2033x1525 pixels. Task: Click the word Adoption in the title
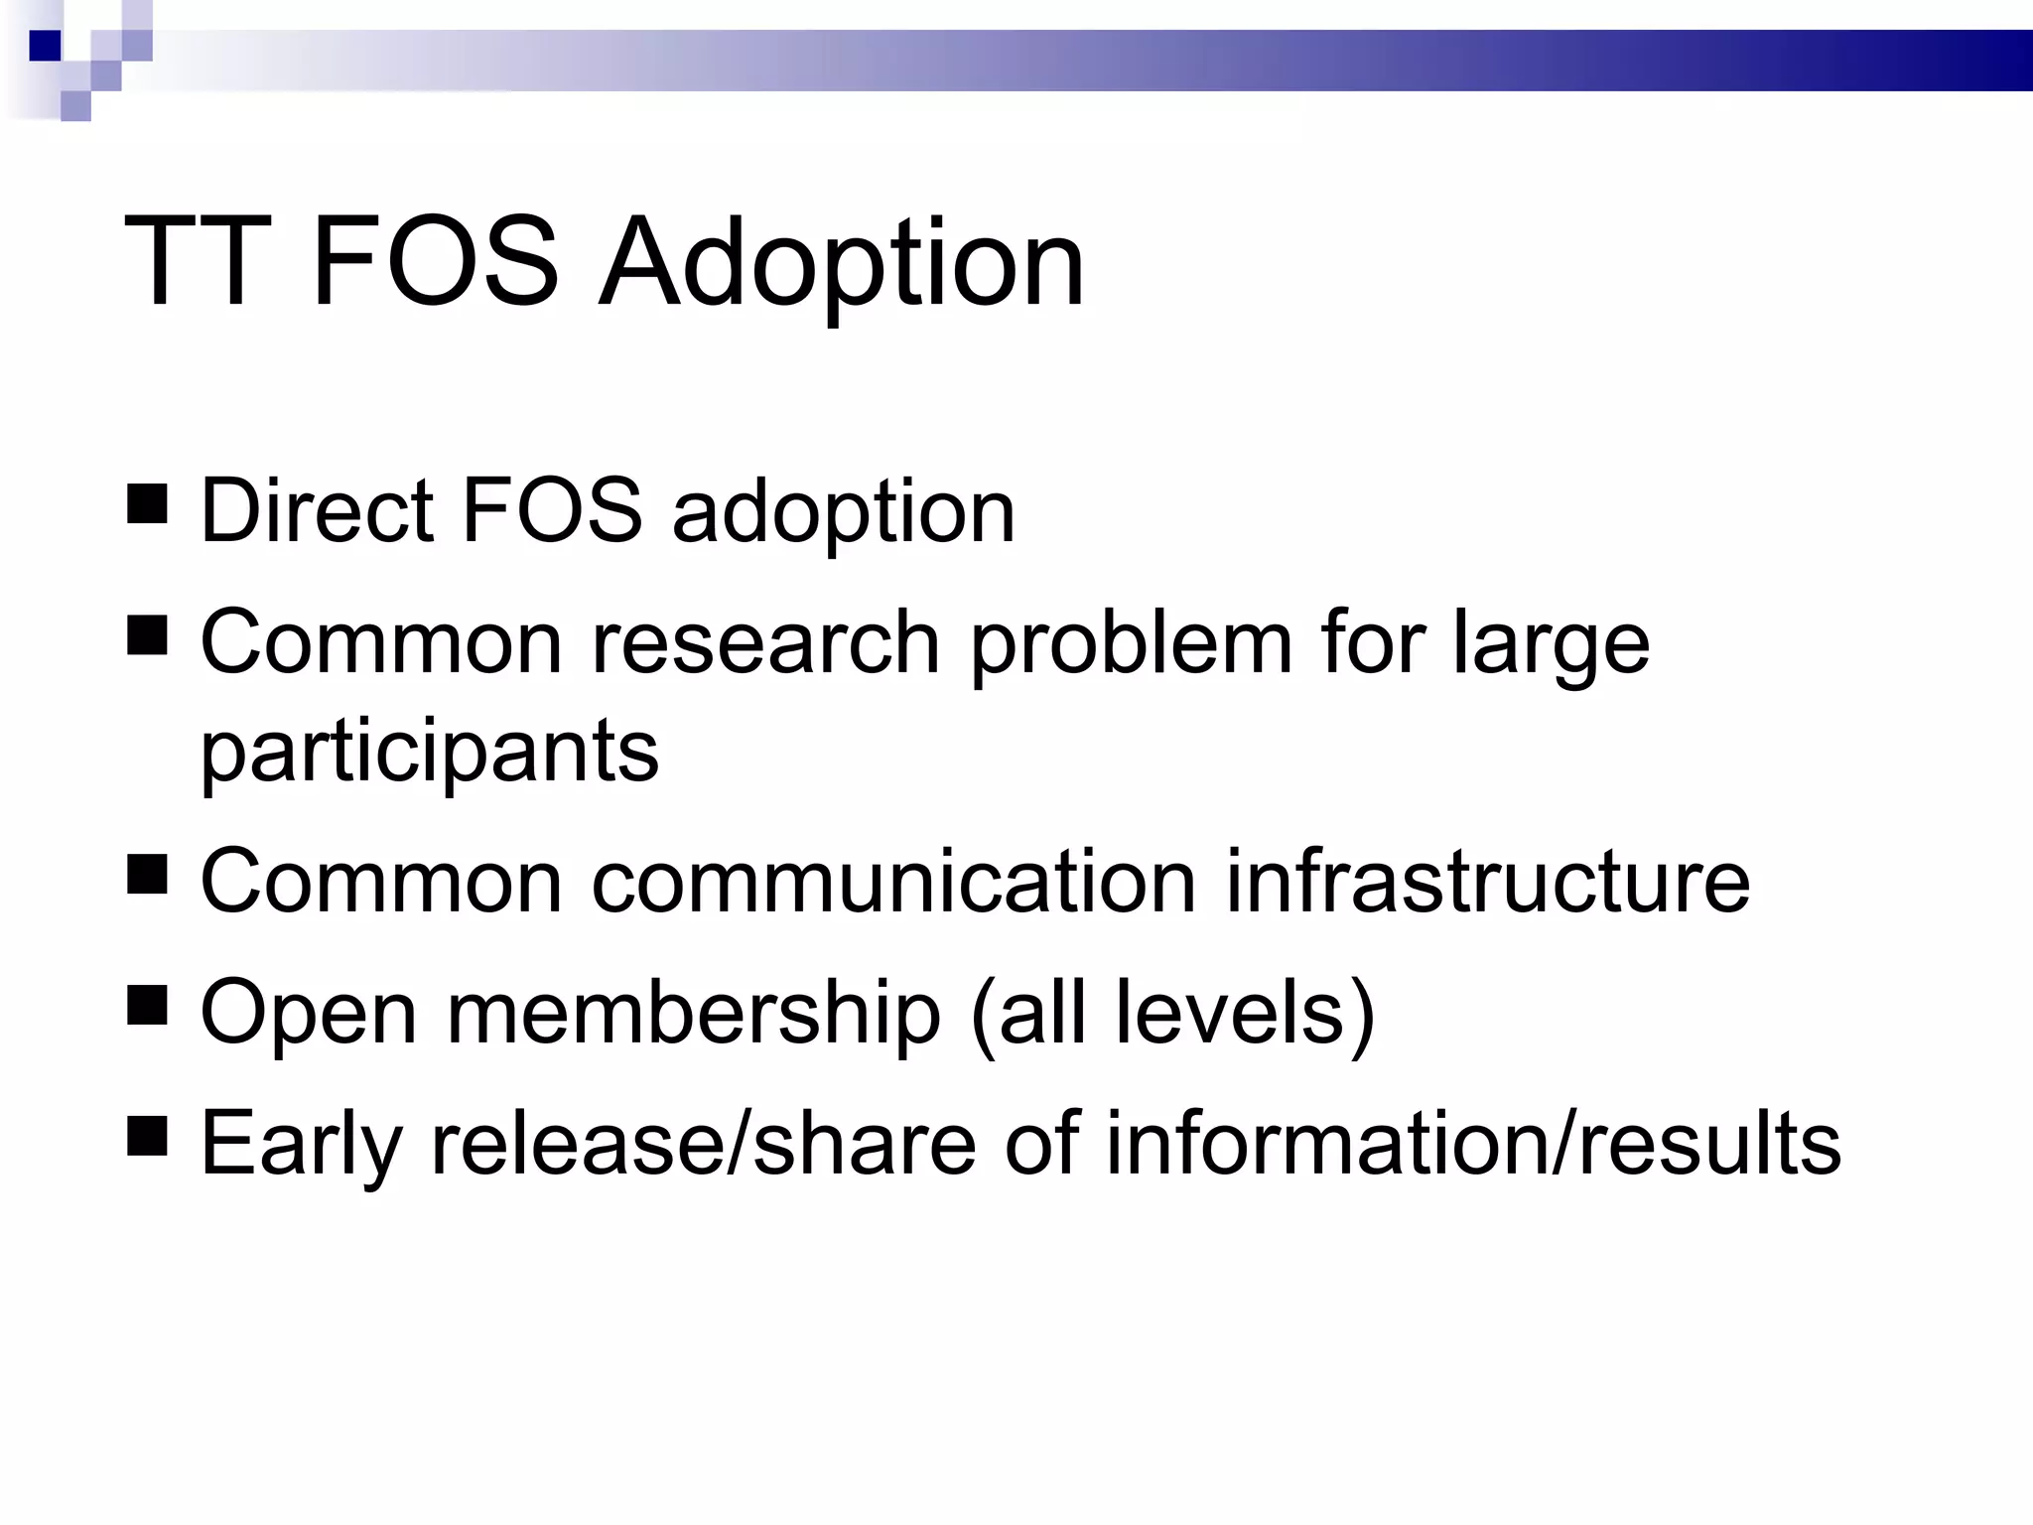click(842, 264)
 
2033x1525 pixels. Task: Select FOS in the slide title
click(436, 264)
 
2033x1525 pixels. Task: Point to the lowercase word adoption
click(844, 514)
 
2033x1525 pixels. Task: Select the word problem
click(1132, 645)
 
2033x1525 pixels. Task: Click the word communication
click(893, 881)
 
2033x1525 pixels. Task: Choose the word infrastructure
click(1488, 881)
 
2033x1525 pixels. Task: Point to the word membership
click(694, 1013)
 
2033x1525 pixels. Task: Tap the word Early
click(301, 1146)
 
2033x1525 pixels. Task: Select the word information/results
click(1473, 1144)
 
